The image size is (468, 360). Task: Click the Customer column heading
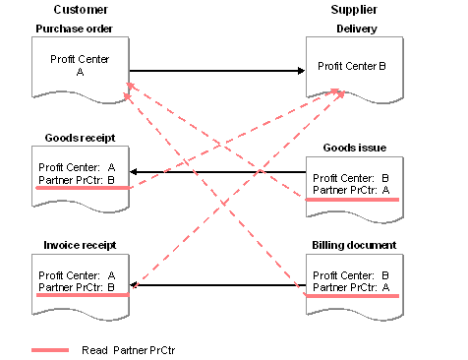[81, 10]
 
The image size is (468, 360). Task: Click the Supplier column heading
[354, 10]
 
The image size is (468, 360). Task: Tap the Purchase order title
[74, 29]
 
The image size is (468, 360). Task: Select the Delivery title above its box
[357, 29]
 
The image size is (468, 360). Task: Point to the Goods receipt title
[80, 138]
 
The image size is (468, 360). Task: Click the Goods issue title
[355, 148]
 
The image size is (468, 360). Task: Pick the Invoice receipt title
[80, 245]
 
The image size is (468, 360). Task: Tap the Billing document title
[354, 245]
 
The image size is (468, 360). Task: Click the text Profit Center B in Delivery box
[352, 66]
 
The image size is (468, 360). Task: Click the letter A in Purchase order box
[80, 72]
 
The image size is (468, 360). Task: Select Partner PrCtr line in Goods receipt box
[77, 180]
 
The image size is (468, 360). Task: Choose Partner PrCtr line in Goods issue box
[351, 190]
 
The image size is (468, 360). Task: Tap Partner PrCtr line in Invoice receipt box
[77, 287]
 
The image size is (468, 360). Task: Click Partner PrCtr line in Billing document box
[351, 287]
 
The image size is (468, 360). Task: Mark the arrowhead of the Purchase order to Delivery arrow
[301, 71]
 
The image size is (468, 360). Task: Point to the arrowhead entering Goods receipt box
[133, 171]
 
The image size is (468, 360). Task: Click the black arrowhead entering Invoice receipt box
[133, 285]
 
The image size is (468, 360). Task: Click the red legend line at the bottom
[50, 350]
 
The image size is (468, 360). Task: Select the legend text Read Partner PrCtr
[129, 350]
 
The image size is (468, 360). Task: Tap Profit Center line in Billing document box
[351, 275]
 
